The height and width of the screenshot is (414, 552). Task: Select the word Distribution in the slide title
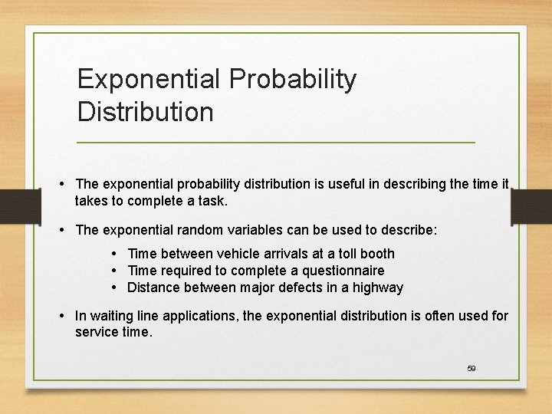tap(145, 112)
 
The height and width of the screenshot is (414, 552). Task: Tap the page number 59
tap(472, 369)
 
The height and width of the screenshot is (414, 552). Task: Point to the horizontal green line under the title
tap(276, 143)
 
